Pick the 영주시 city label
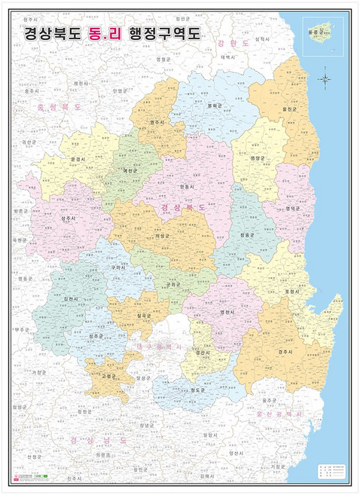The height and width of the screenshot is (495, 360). (x=157, y=121)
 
